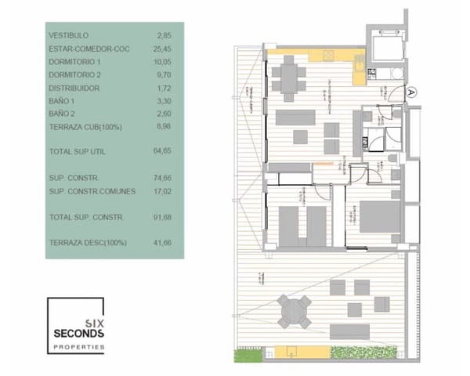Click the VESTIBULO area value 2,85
click(x=164, y=35)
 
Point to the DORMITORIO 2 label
click(x=75, y=74)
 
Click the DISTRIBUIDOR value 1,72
click(x=164, y=88)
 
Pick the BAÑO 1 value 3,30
click(x=164, y=101)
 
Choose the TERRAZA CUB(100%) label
click(x=85, y=127)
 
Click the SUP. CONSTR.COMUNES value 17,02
click(x=162, y=190)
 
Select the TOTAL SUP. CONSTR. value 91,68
click(x=162, y=216)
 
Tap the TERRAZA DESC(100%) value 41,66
click(x=162, y=243)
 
